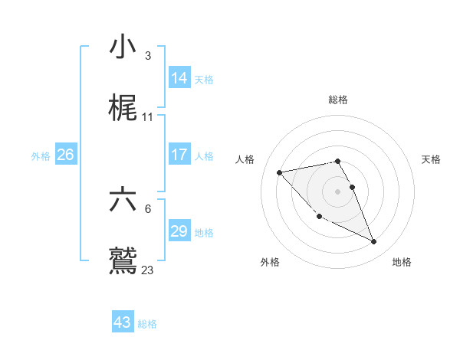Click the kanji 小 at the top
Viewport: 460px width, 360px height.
[x=123, y=47]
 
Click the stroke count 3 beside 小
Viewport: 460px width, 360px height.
[x=147, y=56]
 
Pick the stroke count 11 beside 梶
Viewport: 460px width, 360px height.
[x=148, y=116]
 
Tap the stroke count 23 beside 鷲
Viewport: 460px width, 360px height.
[x=148, y=270]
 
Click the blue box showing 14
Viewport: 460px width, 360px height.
[x=179, y=77]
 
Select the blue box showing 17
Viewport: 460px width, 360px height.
[x=179, y=155]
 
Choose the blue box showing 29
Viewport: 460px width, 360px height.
[x=179, y=231]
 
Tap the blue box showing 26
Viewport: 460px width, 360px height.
[x=65, y=155]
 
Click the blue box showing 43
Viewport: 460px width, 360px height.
[x=122, y=322]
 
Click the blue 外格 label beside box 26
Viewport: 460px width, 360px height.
[x=41, y=156]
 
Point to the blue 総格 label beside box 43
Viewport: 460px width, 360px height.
[x=147, y=324]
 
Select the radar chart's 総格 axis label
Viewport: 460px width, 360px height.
[x=338, y=100]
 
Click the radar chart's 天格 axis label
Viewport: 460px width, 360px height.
[x=431, y=159]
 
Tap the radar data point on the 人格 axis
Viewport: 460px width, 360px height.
[x=279, y=172]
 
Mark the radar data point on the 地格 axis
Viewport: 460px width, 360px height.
[x=374, y=242]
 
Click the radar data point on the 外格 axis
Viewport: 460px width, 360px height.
[x=319, y=217]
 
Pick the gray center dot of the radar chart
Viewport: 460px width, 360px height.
[x=338, y=191]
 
